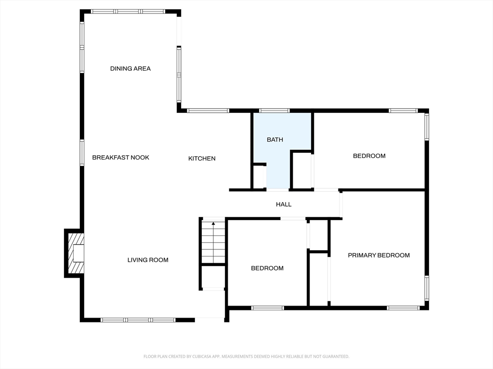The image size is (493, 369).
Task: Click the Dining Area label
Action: pyautogui.click(x=130, y=68)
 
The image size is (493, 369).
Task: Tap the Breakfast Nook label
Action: pyautogui.click(x=120, y=158)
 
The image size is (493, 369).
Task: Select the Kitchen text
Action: pyautogui.click(x=202, y=159)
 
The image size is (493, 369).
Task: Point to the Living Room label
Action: pyautogui.click(x=148, y=260)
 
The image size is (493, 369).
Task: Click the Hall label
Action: pyautogui.click(x=284, y=204)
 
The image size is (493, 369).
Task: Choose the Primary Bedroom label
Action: pyautogui.click(x=378, y=255)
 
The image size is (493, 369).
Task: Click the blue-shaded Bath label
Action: pyautogui.click(x=275, y=140)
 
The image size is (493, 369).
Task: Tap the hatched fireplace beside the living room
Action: pyautogui.click(x=75, y=253)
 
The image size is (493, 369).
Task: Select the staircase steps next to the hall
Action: pyautogui.click(x=213, y=241)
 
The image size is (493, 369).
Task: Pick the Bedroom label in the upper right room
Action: pyautogui.click(x=369, y=156)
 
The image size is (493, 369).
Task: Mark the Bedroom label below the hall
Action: pyautogui.click(x=267, y=268)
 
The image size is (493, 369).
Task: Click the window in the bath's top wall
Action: pyautogui.click(x=274, y=111)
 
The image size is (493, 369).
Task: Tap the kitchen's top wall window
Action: pyautogui.click(x=208, y=111)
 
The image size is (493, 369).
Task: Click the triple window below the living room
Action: pyautogui.click(x=138, y=320)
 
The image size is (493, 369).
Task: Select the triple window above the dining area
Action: pyautogui.click(x=128, y=12)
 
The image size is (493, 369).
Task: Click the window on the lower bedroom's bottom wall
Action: pyautogui.click(x=268, y=308)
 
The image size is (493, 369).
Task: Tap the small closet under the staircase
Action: pyautogui.click(x=213, y=276)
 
